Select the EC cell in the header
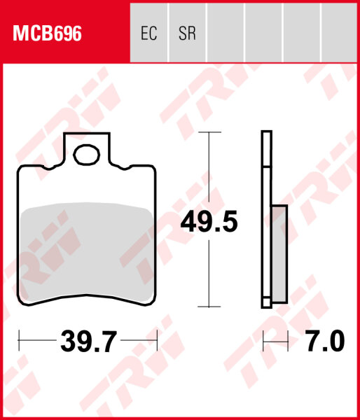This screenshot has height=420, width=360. [x=148, y=34]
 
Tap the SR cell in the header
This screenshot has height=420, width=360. [x=187, y=34]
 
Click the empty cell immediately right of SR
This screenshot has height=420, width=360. [x=226, y=34]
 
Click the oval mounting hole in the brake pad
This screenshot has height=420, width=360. [x=88, y=154]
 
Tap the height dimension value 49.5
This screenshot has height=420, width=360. [x=209, y=223]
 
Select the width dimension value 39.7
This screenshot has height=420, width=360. [x=88, y=342]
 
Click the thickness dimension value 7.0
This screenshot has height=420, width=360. [x=326, y=342]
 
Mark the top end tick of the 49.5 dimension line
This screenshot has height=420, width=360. [x=209, y=132]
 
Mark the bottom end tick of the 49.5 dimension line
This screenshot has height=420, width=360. [x=209, y=307]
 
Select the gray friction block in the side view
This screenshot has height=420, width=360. [x=279, y=253]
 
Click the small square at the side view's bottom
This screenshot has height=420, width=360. [x=266, y=302]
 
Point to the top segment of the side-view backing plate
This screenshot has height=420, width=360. [x=266, y=148]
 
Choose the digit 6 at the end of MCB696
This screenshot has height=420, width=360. [x=76, y=34]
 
